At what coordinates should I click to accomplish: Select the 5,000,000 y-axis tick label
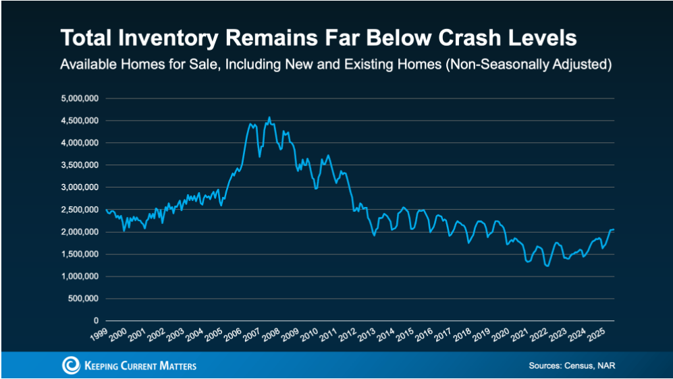[80, 98]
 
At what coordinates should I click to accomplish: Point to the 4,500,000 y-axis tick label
[80, 121]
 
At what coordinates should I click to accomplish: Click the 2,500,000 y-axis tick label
[80, 210]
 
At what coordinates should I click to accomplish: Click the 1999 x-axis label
[98, 334]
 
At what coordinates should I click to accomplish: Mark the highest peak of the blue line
[269, 117]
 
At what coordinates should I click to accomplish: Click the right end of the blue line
[614, 230]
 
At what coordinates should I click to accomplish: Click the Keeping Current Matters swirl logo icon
[71, 366]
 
